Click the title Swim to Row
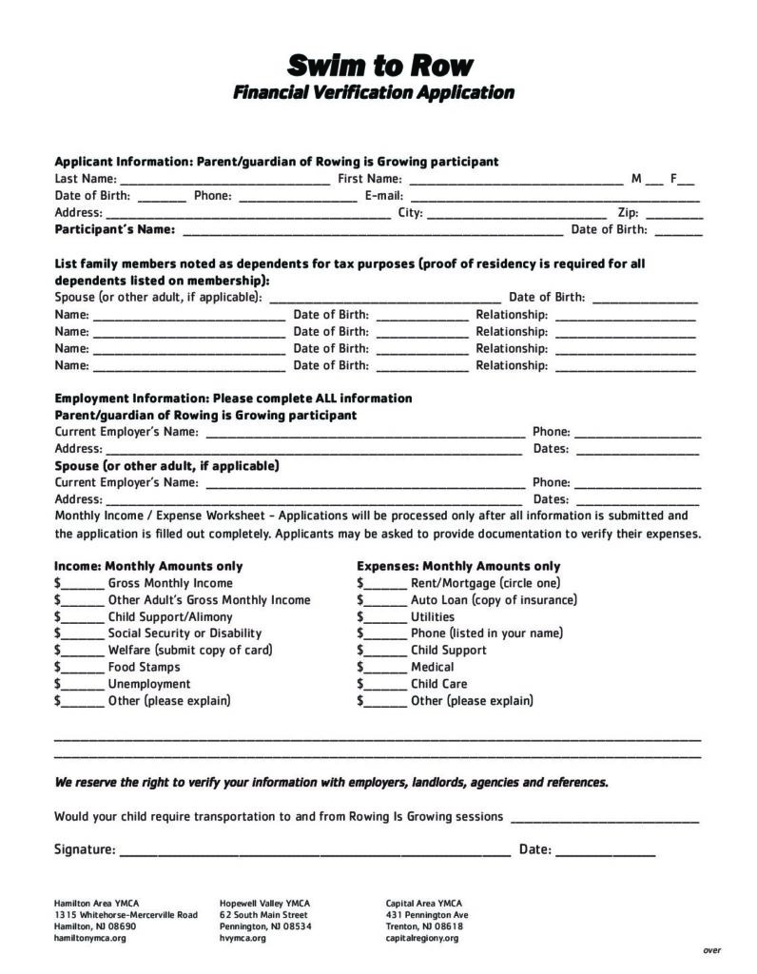(x=379, y=65)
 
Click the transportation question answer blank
(x=605, y=819)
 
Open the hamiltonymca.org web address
(x=90, y=938)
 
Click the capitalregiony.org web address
(x=422, y=938)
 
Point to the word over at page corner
(x=711, y=950)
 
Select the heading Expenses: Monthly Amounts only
(x=458, y=566)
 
